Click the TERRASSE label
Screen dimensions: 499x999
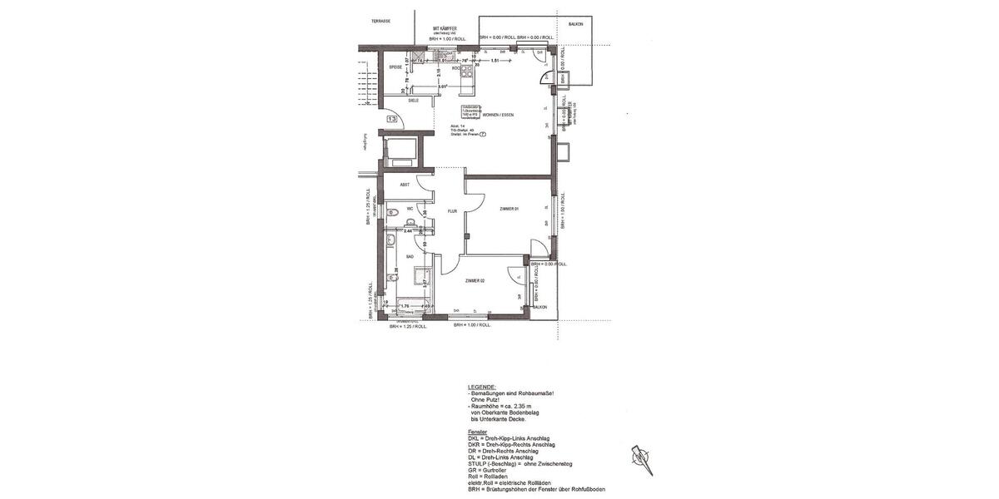[381, 21]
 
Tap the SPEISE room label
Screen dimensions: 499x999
[395, 67]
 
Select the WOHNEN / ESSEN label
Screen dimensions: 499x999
[499, 114]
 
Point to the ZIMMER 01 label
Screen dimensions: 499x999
[509, 208]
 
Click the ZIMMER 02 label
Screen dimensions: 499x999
[475, 281]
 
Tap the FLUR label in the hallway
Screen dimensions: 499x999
[452, 211]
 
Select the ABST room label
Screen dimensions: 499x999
[405, 185]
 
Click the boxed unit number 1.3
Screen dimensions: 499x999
[391, 120]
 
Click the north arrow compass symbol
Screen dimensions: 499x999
[640, 458]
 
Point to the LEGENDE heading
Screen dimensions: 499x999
[482, 387]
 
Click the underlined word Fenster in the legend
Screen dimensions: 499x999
[478, 432]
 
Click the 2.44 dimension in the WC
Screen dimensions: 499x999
[408, 230]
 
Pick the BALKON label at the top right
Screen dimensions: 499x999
[575, 24]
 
